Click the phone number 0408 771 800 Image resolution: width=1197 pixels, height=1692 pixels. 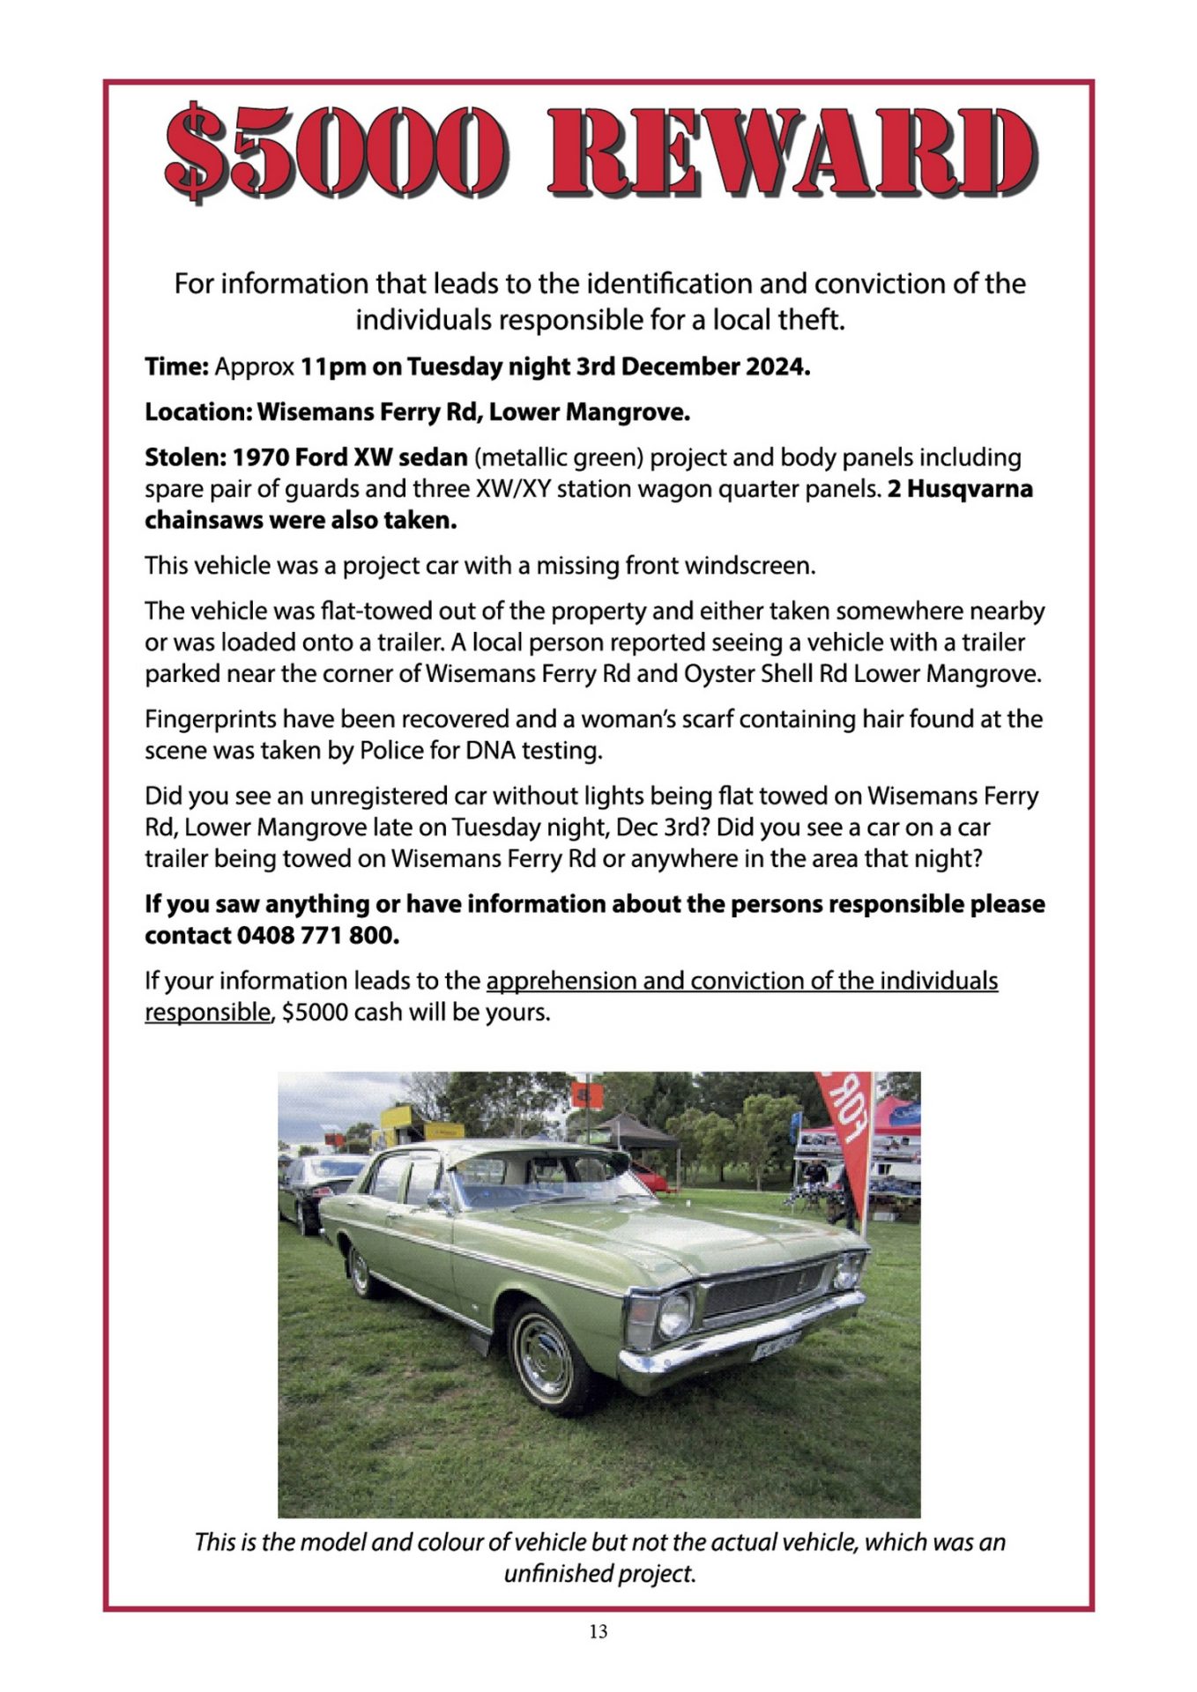click(x=318, y=935)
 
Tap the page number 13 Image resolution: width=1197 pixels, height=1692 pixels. click(x=598, y=1631)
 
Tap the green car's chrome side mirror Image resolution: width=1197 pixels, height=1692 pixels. click(x=436, y=1199)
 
